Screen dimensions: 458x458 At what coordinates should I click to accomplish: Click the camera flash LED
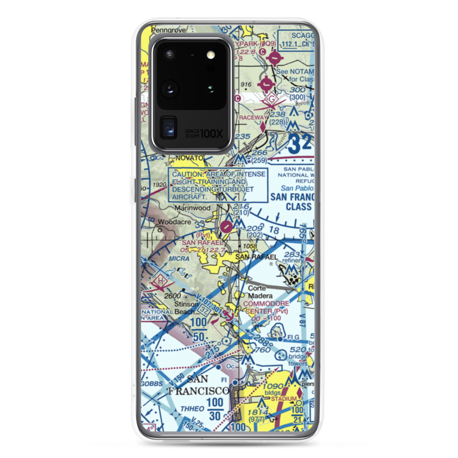pos(211,55)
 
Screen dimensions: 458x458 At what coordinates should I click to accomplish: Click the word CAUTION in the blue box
pos(188,174)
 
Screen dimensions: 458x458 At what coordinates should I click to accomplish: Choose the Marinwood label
pos(193,208)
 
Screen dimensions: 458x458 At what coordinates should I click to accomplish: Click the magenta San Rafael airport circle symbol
pos(226,226)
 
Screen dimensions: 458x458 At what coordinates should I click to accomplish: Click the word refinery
pos(293,260)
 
